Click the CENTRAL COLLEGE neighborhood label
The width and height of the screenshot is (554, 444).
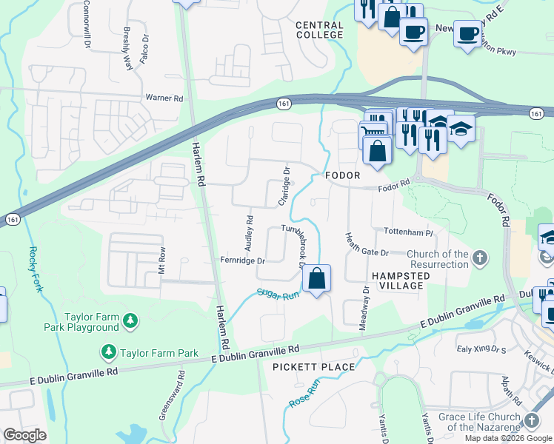click(319, 30)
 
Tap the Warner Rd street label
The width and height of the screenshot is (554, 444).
click(164, 98)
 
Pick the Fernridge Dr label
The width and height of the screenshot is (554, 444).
click(242, 260)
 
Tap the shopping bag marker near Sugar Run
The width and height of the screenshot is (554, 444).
click(316, 279)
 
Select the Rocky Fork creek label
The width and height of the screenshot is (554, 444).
click(33, 268)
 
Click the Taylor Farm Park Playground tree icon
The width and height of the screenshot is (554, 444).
click(130, 321)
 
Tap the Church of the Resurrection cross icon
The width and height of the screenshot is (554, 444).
click(481, 259)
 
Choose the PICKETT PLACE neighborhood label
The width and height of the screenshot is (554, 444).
click(313, 367)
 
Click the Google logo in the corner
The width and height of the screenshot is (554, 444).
click(24, 435)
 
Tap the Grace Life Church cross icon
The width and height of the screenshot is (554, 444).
click(531, 420)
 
